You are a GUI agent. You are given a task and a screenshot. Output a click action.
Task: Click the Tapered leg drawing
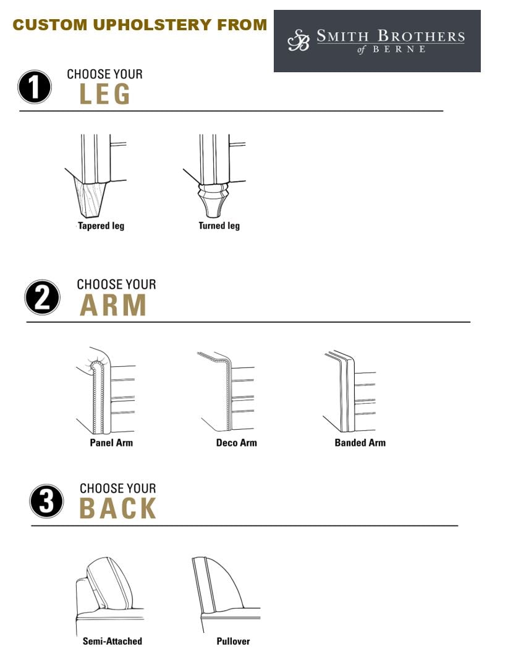(x=96, y=176)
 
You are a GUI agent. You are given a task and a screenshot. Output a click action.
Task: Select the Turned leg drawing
(x=214, y=176)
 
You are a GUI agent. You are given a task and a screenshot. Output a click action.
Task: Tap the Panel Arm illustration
(x=106, y=390)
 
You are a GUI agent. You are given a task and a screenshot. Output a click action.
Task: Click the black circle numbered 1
(x=35, y=86)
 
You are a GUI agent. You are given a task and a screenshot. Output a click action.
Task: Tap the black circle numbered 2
(x=42, y=297)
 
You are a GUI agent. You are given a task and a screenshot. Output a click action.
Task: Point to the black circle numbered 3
(x=46, y=501)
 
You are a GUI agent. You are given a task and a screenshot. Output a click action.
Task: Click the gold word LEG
(x=105, y=94)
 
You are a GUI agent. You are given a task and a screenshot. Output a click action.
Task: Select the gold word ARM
(x=113, y=305)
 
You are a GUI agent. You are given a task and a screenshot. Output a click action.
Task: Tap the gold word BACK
(x=118, y=508)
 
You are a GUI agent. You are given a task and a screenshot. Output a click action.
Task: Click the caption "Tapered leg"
(x=101, y=226)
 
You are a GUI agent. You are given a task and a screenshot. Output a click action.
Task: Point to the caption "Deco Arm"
(x=237, y=443)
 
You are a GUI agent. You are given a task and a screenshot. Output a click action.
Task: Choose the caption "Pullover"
(x=233, y=641)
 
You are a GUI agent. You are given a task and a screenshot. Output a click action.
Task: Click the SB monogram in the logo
(x=298, y=40)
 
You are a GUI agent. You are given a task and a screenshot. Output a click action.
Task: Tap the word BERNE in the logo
(x=399, y=49)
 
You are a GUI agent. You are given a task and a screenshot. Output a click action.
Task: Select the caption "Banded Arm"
(x=360, y=443)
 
